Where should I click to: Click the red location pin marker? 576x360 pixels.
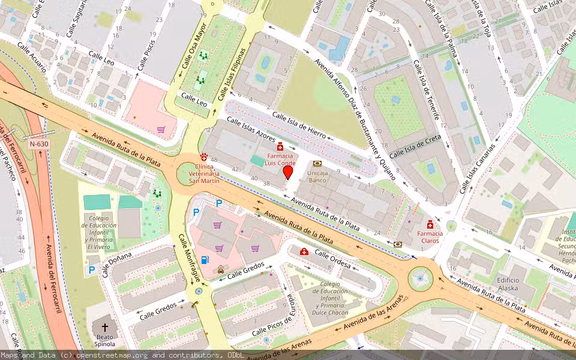288,172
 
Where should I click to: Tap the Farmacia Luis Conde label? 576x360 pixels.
280,158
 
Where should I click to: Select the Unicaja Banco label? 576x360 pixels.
317,176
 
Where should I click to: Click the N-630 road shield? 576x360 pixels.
38,144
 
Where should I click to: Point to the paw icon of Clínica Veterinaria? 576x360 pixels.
205,155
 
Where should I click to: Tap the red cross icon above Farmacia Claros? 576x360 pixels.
430,224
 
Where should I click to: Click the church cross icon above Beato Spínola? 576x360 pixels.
105,328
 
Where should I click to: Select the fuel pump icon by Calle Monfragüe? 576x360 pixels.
205,260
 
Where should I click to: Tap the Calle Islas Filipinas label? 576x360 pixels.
233,74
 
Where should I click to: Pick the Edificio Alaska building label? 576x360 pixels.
508,284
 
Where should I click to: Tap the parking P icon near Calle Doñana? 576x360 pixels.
92,269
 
